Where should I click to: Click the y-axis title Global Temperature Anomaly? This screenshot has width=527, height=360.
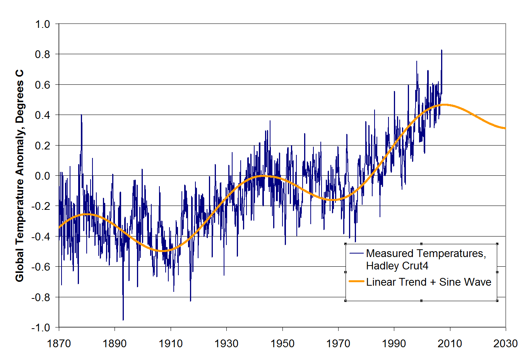click(x=19, y=175)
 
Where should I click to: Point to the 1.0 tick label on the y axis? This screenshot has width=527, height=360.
click(x=43, y=24)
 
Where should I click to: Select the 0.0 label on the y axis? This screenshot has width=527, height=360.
click(x=43, y=176)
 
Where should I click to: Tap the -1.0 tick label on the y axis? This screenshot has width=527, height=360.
click(x=41, y=327)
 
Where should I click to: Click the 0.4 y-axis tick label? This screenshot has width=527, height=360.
click(x=43, y=115)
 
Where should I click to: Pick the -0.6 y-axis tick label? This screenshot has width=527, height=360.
click(x=41, y=267)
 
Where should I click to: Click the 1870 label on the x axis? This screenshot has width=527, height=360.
click(x=59, y=343)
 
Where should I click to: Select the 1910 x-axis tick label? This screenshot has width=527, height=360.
click(x=171, y=343)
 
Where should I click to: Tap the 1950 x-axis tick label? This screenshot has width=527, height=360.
click(x=282, y=343)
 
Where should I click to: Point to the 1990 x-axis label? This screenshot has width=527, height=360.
click(x=394, y=343)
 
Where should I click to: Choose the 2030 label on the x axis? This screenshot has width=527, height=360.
click(x=505, y=343)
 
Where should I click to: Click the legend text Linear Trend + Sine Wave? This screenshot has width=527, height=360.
click(x=428, y=282)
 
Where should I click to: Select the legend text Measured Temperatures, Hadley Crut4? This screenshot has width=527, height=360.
click(x=426, y=259)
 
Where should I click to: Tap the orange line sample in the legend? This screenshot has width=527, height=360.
click(x=356, y=281)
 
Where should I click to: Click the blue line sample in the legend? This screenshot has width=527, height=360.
click(x=356, y=254)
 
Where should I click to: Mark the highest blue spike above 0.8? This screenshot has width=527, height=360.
click(x=441, y=50)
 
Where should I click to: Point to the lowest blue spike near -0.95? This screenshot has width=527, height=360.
click(x=123, y=320)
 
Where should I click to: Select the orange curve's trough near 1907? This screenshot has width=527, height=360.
click(x=163, y=251)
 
